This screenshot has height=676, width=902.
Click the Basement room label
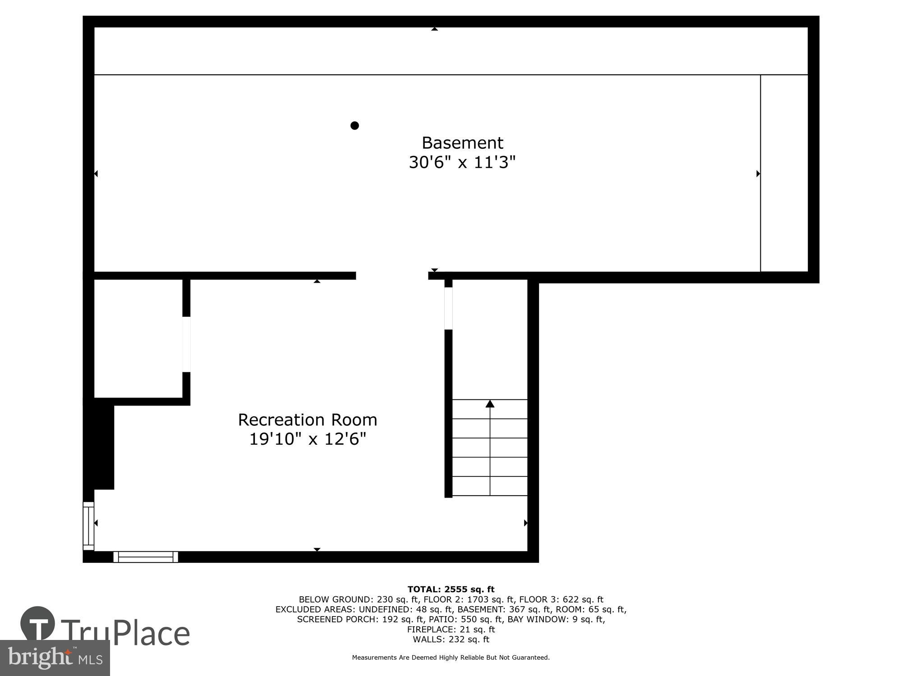tap(462, 143)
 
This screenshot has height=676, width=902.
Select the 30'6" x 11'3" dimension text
tap(462, 162)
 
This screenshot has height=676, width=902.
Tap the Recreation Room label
tap(307, 420)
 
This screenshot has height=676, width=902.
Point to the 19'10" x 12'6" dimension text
tap(307, 438)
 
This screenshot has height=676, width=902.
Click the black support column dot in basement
tap(354, 125)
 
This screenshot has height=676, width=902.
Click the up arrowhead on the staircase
tap(490, 404)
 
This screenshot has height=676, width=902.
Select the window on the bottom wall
tap(145, 557)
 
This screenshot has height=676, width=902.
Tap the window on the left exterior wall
tap(88, 526)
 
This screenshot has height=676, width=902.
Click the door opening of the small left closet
tap(186, 344)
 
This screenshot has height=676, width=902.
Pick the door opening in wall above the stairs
tap(448, 308)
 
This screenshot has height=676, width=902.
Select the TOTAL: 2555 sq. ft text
tap(451, 589)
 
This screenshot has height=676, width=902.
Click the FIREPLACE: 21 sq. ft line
tap(451, 629)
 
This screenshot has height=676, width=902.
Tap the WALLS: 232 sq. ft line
tap(451, 639)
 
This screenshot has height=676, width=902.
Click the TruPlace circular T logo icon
tap(38, 624)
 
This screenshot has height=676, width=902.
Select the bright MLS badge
tap(55, 658)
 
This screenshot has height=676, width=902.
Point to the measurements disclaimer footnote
tap(451, 658)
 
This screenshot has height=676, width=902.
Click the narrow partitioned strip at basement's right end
tap(784, 174)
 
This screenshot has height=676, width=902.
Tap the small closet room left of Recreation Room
tap(138, 338)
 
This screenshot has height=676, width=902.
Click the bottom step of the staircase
tap(490, 486)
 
